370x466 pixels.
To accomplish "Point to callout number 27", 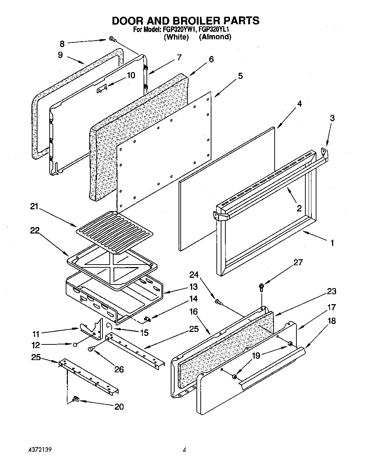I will point(298,262).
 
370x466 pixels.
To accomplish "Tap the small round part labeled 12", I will point(75,345).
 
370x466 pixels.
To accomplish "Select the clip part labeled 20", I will point(76,399).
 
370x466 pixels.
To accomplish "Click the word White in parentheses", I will point(176,37).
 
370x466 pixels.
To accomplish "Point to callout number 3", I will point(332,118).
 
